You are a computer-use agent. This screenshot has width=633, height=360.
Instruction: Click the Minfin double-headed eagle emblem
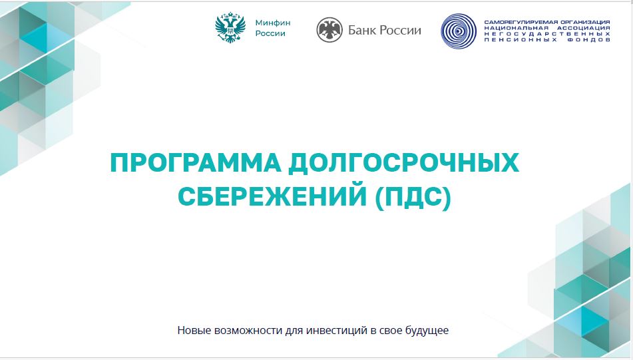[x=230, y=27]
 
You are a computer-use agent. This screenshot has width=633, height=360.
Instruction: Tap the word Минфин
[x=273, y=23]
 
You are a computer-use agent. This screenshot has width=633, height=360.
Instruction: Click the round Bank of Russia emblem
[x=329, y=30]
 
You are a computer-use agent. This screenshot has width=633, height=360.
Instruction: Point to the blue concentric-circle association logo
[x=459, y=31]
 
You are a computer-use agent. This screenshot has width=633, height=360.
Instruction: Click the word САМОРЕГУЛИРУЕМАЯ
[x=520, y=22]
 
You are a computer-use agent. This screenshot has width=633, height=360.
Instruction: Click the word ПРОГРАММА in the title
[x=196, y=162]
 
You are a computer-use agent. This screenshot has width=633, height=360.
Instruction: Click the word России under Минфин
[x=270, y=33]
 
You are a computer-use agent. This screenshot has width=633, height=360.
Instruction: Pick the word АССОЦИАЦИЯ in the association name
[x=584, y=28]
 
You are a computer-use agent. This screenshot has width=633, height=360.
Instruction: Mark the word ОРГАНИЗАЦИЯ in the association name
[x=584, y=22]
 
